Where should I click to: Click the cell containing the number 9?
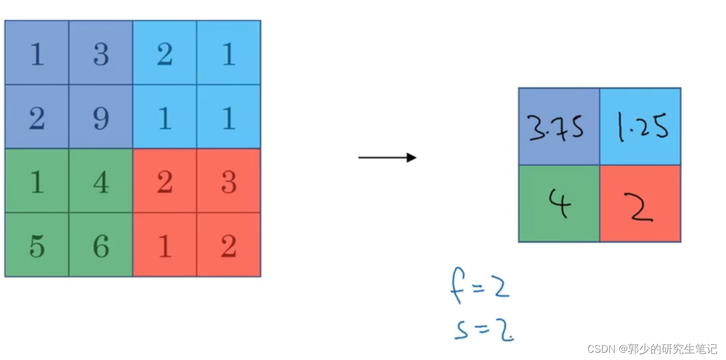point(101,117)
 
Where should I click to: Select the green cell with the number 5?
point(37,245)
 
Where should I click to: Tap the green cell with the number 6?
point(101,245)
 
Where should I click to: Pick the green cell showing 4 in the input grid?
point(101,181)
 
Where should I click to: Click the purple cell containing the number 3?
point(101,53)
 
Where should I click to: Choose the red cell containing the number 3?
point(229,181)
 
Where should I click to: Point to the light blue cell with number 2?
point(165,53)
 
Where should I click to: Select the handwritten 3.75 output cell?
point(559,127)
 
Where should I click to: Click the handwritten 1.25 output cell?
point(640,127)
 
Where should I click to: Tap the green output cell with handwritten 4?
point(559,204)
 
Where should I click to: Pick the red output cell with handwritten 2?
point(640,204)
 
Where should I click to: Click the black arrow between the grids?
point(387,158)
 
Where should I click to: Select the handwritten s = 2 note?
point(483,329)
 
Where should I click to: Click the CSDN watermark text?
point(652,349)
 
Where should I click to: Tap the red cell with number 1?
point(165,245)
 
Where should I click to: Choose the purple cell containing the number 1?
point(37,53)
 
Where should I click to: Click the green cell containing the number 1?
point(37,181)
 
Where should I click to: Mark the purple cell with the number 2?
point(37,117)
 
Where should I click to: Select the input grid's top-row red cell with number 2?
point(165,181)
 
